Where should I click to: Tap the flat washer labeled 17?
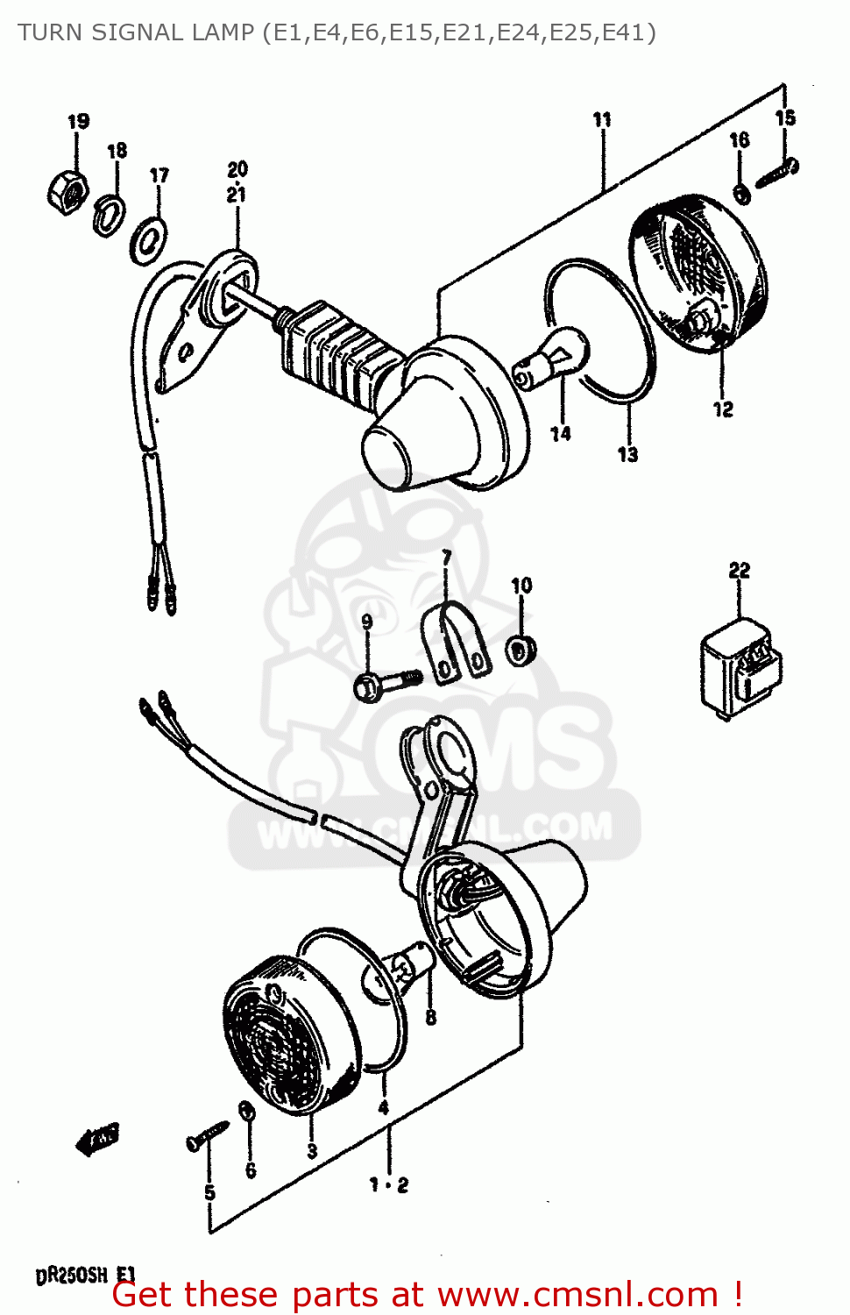point(149,239)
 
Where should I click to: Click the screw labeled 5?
point(207,1137)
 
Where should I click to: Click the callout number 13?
point(627,454)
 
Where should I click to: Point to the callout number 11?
point(602,120)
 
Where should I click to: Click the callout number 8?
point(430,1018)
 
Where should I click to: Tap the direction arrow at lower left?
point(96,1139)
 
